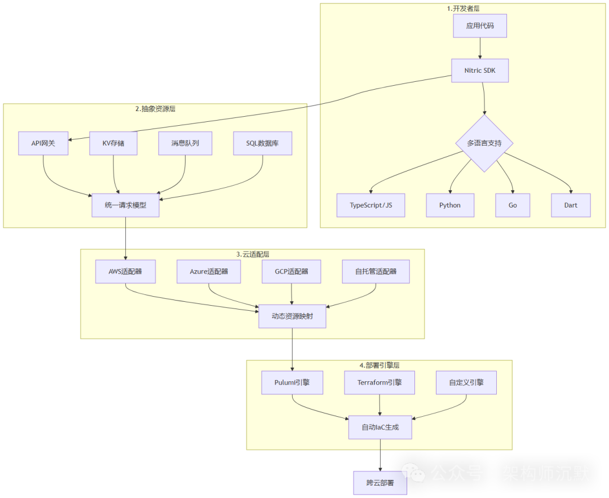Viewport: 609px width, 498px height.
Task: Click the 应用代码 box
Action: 480,26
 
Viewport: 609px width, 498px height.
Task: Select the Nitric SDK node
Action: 480,70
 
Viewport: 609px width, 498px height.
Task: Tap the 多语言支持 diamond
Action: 484,143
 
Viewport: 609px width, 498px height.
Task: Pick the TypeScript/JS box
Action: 370,205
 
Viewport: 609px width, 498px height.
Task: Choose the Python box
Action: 449,205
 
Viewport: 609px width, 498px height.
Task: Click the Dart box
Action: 571,205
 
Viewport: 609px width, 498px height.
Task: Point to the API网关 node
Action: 43,143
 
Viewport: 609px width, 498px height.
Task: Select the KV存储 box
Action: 113,143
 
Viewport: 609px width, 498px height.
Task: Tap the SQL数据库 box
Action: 262,143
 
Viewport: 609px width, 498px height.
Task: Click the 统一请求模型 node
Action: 125,205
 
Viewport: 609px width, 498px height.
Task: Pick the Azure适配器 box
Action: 209,271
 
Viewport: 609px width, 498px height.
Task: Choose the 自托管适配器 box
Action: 376,271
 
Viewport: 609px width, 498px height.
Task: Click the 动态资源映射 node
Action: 292,316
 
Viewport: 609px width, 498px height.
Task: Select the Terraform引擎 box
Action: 379,382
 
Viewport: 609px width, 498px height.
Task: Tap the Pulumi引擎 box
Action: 292,382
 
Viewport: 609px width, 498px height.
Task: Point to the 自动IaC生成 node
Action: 380,427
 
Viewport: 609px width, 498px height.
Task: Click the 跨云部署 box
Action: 380,483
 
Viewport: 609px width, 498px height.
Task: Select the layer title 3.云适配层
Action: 252,254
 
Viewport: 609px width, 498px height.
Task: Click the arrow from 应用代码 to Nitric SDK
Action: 480,49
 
